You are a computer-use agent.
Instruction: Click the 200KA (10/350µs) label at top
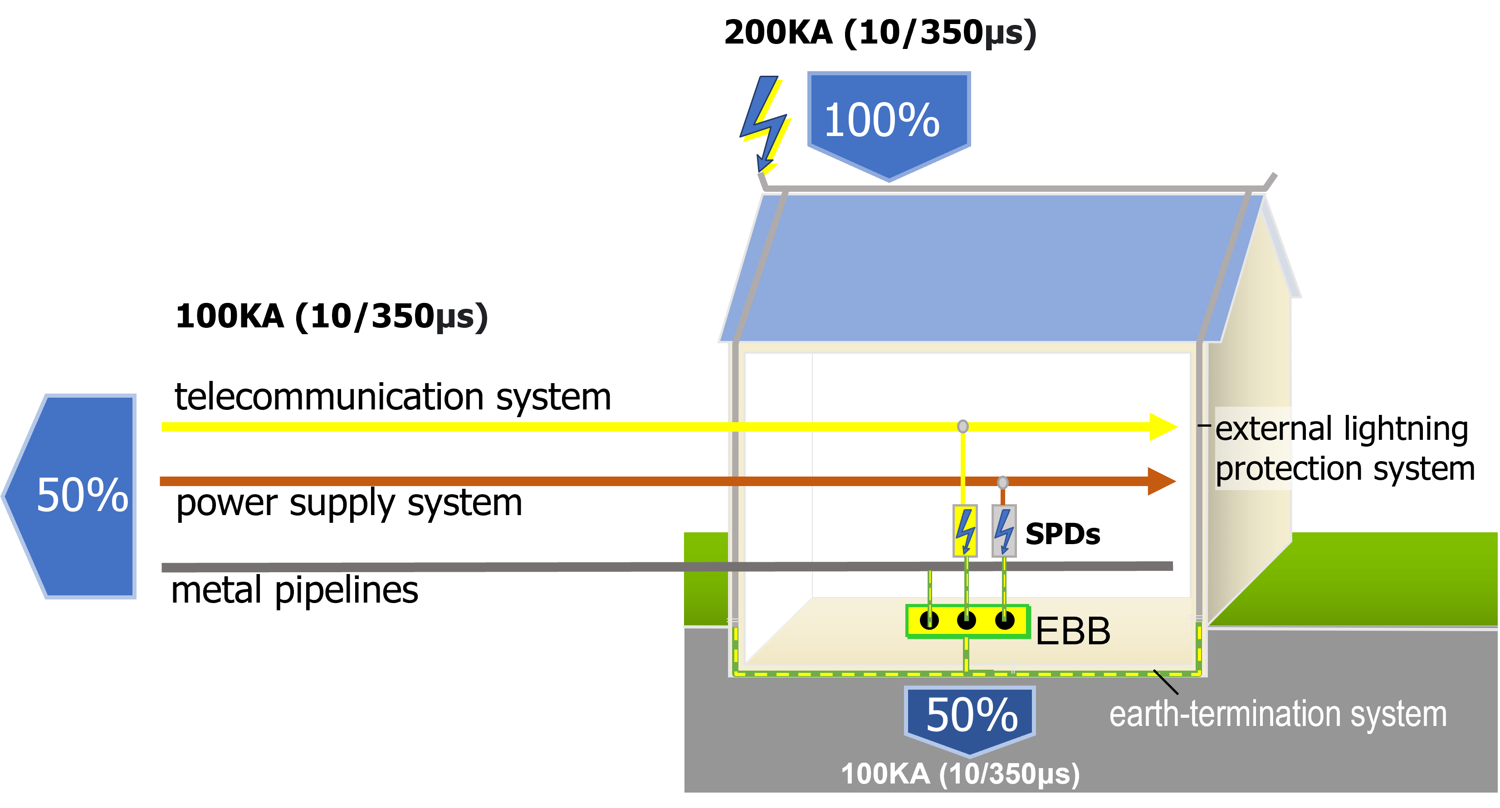(x=879, y=33)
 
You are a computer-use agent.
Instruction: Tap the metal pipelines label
(x=295, y=590)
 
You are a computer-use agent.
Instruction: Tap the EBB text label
(x=1073, y=631)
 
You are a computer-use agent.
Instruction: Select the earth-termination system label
(x=1278, y=715)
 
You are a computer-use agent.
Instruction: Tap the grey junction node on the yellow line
(x=963, y=427)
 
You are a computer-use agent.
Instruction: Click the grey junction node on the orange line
(x=1002, y=482)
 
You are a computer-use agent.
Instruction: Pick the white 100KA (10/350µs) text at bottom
(x=960, y=774)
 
